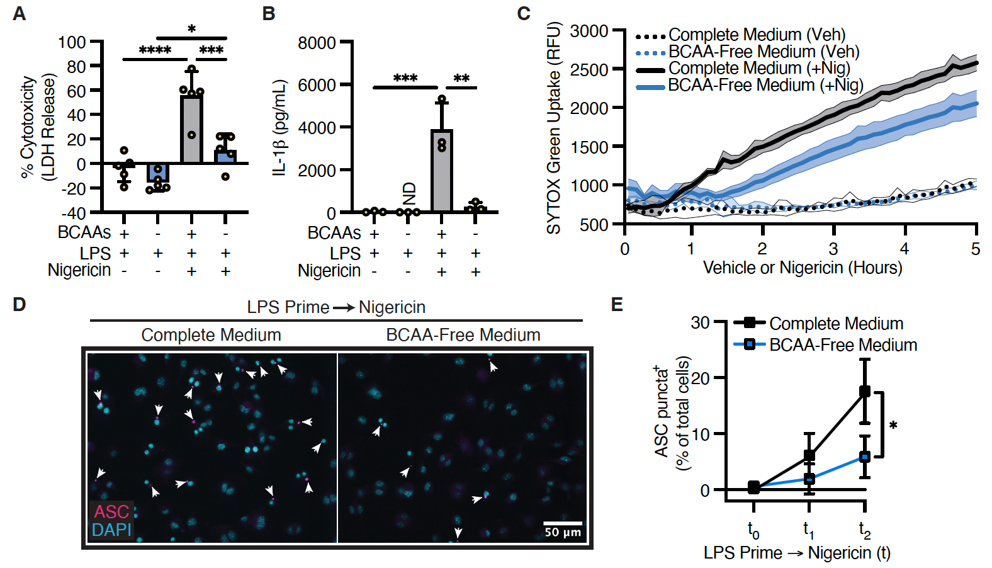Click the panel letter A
point(20,13)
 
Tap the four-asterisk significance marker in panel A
point(155,50)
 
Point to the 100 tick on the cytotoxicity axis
point(72,42)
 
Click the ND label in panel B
point(409,193)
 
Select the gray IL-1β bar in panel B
point(441,170)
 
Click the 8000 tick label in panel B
point(317,43)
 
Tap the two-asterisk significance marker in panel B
point(461,79)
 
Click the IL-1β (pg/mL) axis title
point(280,128)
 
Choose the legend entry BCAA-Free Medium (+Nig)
point(765,85)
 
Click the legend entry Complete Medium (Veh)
point(757,35)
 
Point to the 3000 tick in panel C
point(589,31)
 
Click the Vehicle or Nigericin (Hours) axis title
point(803,268)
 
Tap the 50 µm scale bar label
point(563,532)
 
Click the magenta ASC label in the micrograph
point(111,511)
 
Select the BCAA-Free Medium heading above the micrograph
point(463,334)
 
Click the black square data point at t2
point(865,391)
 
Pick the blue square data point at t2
point(865,457)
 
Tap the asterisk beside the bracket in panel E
point(893,426)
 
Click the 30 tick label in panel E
point(700,323)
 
